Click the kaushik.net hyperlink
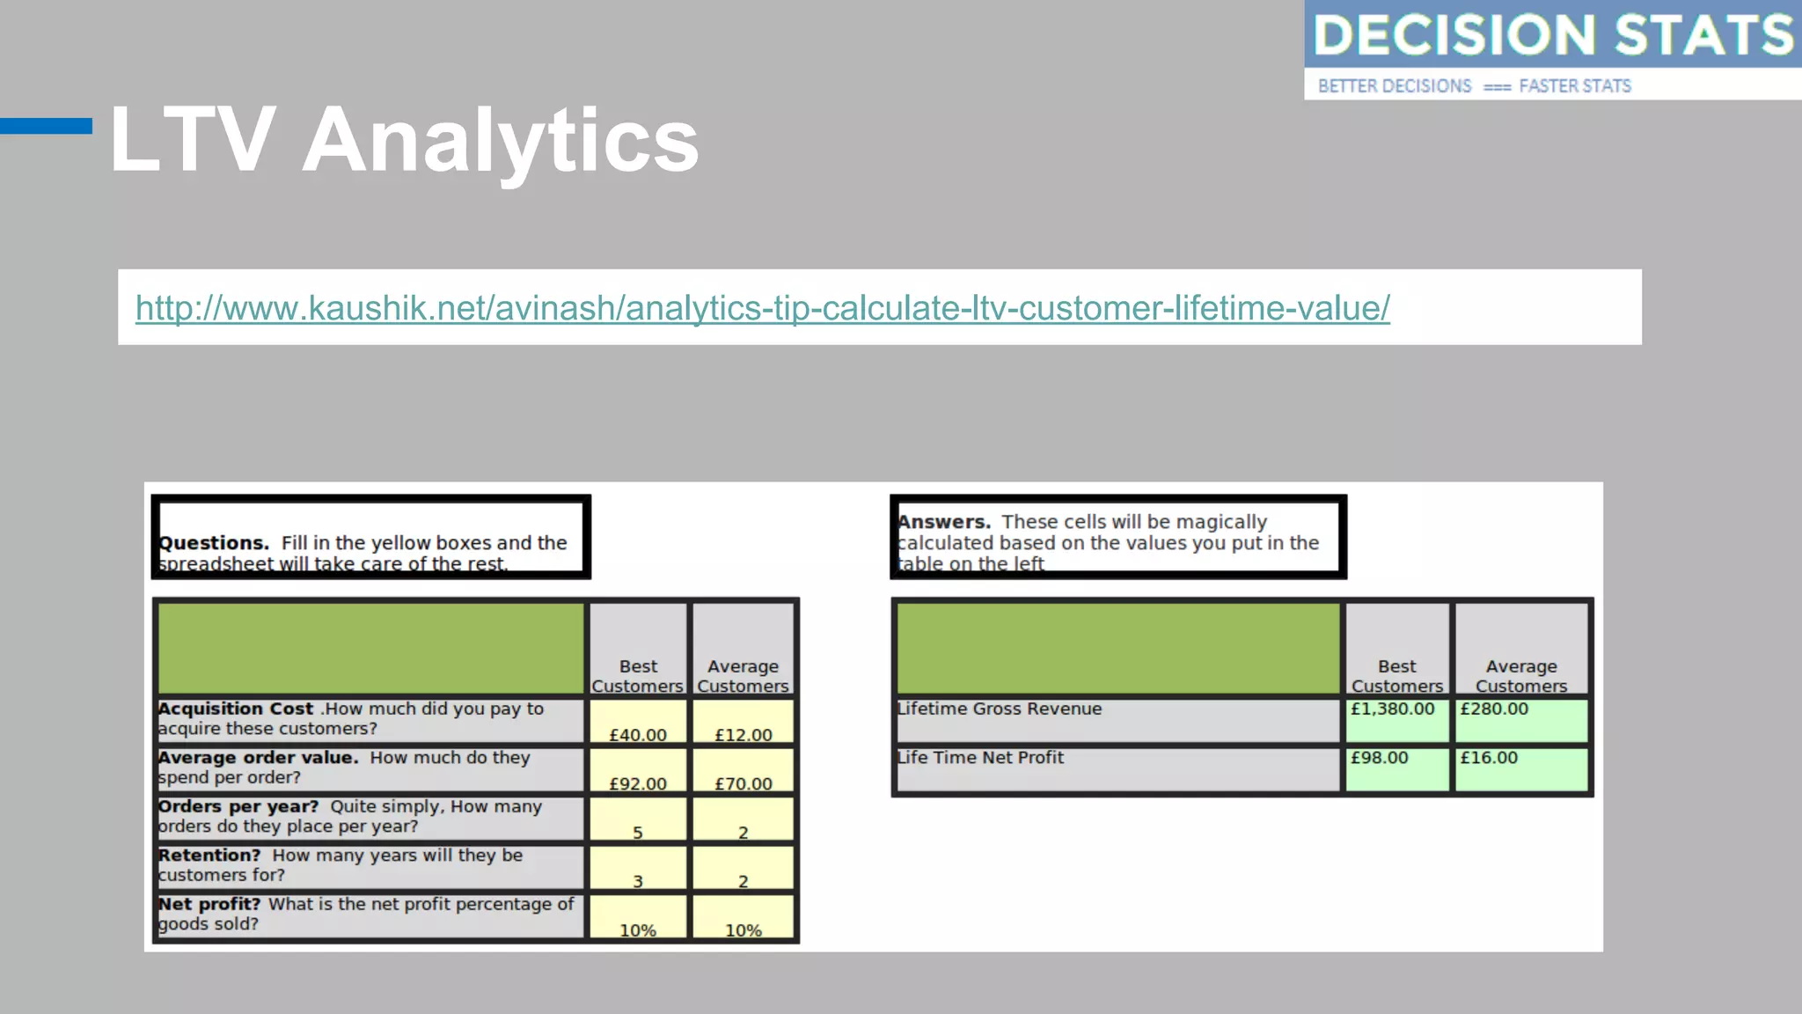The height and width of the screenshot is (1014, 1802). tap(762, 308)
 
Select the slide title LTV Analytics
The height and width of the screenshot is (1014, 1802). tap(404, 140)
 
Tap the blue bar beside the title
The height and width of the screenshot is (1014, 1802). tap(46, 126)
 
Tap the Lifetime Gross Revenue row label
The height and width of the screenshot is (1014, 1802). tap(1000, 709)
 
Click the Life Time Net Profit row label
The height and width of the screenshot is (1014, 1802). tap(980, 758)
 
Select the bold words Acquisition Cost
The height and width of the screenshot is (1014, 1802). tap(236, 709)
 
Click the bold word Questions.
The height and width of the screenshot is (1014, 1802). tap(214, 543)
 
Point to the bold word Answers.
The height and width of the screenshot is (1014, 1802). tap(944, 522)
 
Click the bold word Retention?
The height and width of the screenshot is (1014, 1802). tap(209, 856)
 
